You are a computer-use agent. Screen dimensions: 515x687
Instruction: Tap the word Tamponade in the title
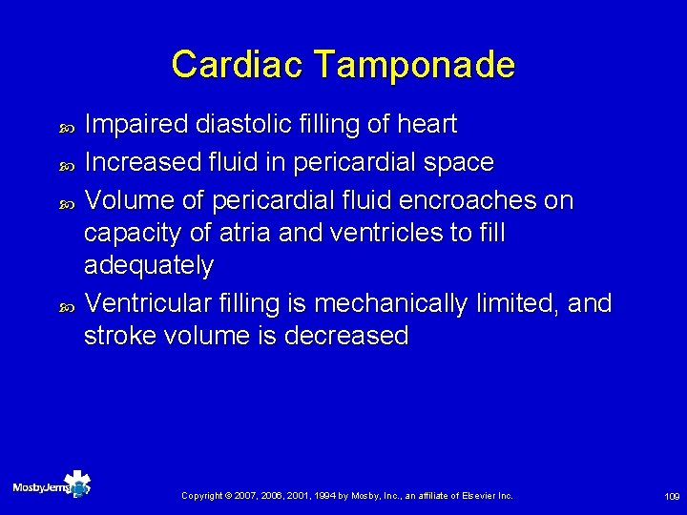pyautogui.click(x=413, y=65)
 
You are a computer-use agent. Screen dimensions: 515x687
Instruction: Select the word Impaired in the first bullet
pyautogui.click(x=136, y=125)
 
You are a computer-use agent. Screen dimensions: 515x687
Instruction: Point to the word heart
pyautogui.click(x=427, y=125)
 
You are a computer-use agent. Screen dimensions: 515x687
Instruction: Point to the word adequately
pyautogui.click(x=149, y=265)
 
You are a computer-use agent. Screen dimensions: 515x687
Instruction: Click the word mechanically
pyautogui.click(x=390, y=303)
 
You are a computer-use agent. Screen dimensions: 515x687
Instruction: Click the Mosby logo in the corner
pyautogui.click(x=52, y=486)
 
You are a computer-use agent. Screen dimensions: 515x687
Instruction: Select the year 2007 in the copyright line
pyautogui.click(x=260, y=496)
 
